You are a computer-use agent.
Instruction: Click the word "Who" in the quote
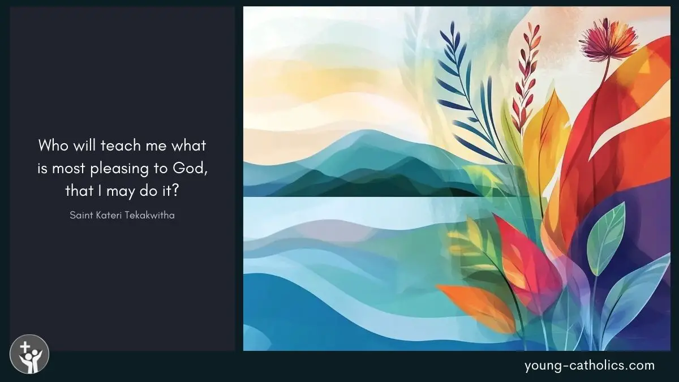(53, 145)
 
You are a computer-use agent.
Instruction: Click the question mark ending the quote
(176, 191)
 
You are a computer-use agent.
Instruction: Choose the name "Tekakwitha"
(150, 215)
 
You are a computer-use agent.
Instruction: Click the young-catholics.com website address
(590, 366)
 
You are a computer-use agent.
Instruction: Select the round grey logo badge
(29, 354)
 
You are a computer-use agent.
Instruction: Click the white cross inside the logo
(25, 347)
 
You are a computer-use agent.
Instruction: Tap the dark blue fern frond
(467, 91)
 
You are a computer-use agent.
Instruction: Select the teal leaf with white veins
(606, 239)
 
